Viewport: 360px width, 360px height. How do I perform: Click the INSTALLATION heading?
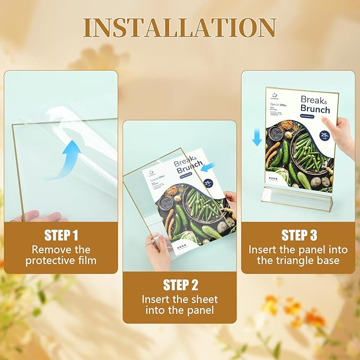click(180, 28)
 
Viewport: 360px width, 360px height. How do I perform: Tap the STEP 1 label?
click(61, 235)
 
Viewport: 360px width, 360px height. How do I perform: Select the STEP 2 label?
click(180, 285)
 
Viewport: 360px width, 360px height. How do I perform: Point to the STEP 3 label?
click(298, 235)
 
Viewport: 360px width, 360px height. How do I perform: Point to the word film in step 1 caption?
click(86, 260)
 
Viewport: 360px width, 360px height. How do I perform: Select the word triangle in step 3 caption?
click(307, 260)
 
